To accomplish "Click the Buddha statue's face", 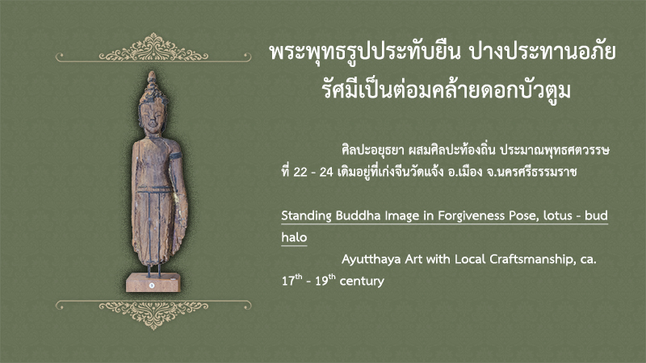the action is pyautogui.click(x=152, y=117).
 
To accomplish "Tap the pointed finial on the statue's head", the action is pyautogui.click(x=152, y=77).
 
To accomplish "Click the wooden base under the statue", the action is pyautogui.click(x=153, y=282).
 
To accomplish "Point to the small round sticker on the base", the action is pyautogui.click(x=152, y=285).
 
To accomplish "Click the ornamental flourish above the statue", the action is pyautogui.click(x=153, y=48).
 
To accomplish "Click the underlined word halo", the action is pyautogui.click(x=294, y=237).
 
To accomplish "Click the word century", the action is pyautogui.click(x=362, y=281).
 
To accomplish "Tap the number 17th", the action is pyautogui.click(x=292, y=280).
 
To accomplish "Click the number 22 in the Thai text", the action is pyautogui.click(x=300, y=172).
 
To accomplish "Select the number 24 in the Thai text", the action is pyautogui.click(x=326, y=172).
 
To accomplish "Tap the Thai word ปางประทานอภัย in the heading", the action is pyautogui.click(x=543, y=52).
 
